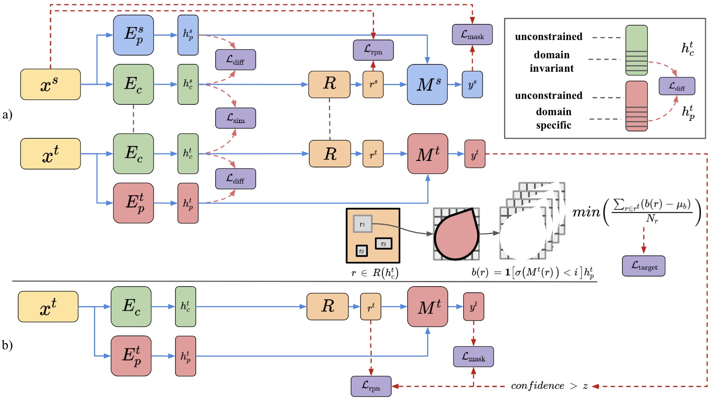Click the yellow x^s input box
tap(50, 84)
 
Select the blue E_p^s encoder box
tap(134, 35)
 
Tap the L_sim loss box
tap(235, 118)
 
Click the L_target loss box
tap(643, 266)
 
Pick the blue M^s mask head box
tap(427, 84)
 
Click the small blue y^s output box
tap(472, 84)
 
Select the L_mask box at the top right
tap(472, 34)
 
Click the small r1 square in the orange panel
tap(362, 224)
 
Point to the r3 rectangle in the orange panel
tap(383, 244)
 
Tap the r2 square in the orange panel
tap(362, 251)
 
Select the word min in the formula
tap(586, 212)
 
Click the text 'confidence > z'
tap(549, 386)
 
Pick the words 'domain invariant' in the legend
tap(552, 61)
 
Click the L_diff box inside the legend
tap(676, 86)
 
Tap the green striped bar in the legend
tap(636, 50)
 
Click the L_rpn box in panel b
tap(371, 386)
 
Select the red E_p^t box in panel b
tap(131, 356)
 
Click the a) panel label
tap(7, 115)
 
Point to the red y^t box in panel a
tap(475, 154)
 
